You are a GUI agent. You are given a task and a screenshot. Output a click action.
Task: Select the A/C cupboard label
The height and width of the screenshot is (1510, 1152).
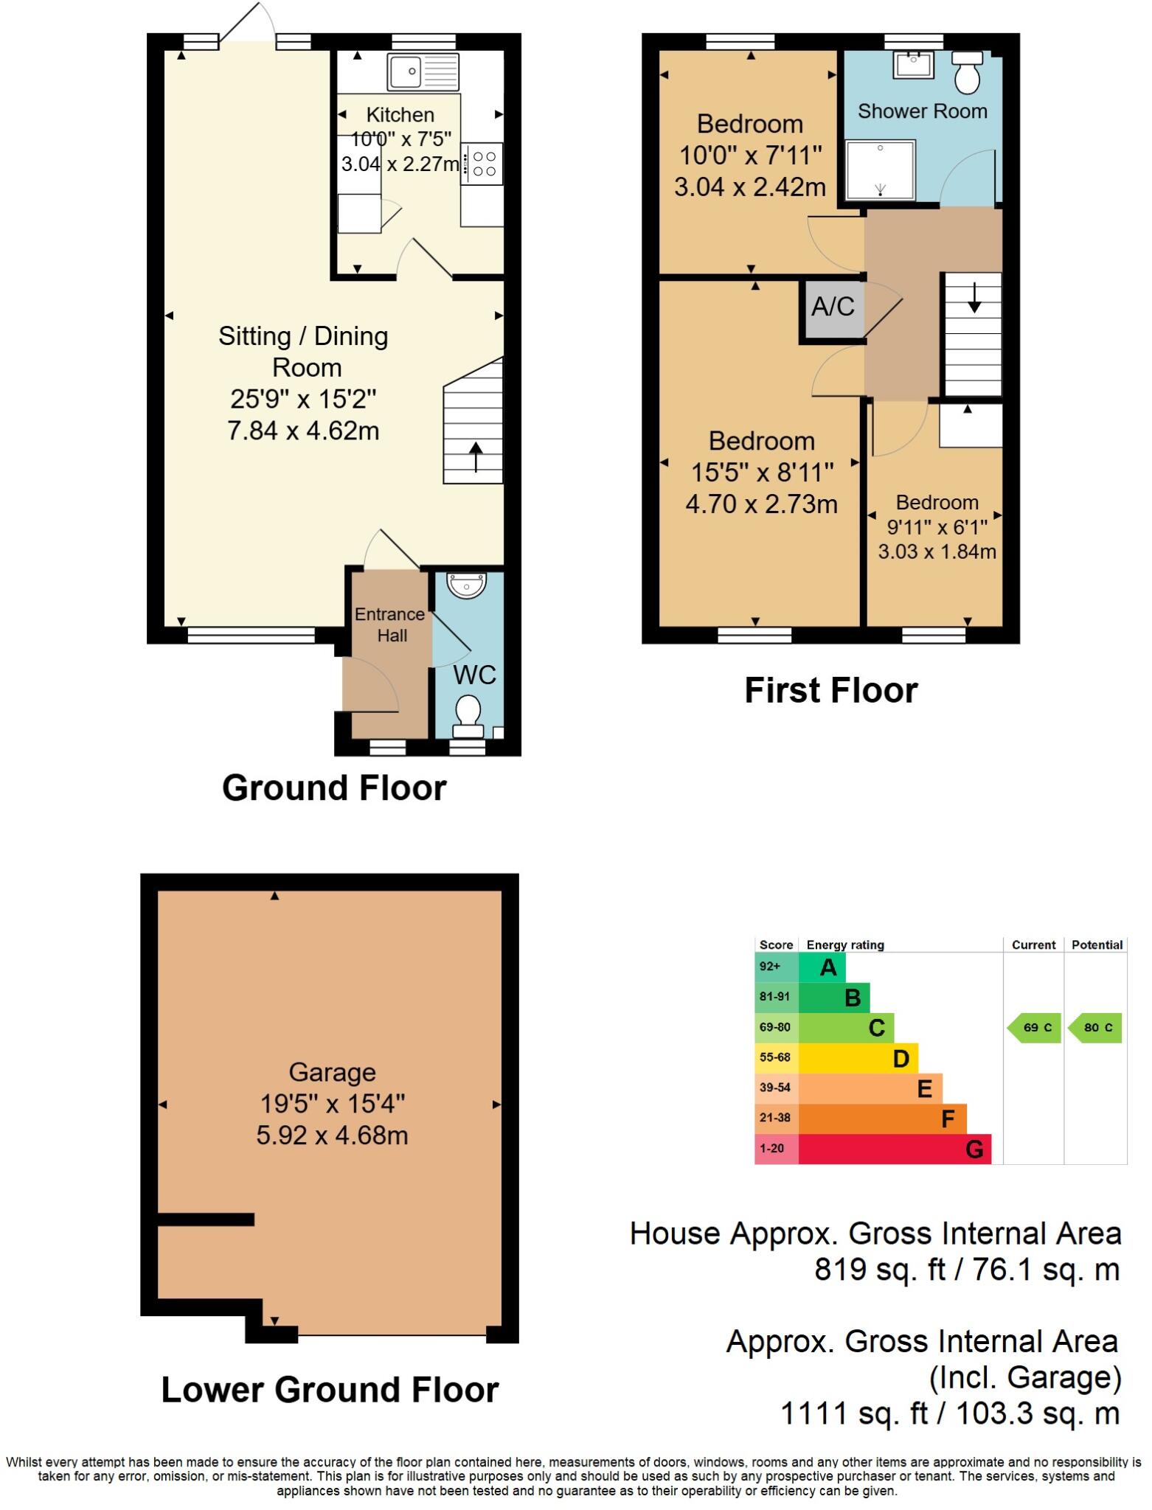(x=833, y=306)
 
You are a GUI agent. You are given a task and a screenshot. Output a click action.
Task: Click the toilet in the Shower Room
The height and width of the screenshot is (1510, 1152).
(x=967, y=72)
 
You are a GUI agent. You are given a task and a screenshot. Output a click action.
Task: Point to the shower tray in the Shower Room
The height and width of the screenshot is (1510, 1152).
(x=880, y=170)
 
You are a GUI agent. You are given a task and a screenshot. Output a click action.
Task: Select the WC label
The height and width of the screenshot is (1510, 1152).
(x=474, y=675)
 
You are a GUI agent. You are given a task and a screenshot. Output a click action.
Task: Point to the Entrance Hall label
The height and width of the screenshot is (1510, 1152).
(x=390, y=624)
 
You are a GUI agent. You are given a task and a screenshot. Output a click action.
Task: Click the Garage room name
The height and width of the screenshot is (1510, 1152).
(x=332, y=1072)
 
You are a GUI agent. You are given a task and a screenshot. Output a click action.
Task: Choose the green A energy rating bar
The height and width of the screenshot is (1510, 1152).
(x=822, y=967)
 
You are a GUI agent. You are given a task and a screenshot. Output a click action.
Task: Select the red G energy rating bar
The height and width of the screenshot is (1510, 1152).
(x=894, y=1149)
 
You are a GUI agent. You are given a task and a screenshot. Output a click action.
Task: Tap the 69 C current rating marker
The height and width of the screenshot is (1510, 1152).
(x=1035, y=1028)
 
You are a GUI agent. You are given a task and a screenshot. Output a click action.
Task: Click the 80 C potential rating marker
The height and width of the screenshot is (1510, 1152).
(x=1096, y=1028)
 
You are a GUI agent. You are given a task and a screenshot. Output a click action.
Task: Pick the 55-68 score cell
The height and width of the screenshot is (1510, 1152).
(x=775, y=1057)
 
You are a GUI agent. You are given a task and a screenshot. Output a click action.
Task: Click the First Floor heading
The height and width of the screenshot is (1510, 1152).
(x=830, y=691)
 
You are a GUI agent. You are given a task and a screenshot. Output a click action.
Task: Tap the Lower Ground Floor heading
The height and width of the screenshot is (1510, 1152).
(x=330, y=1390)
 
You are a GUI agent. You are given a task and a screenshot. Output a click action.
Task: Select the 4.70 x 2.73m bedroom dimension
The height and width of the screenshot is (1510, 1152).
(x=761, y=504)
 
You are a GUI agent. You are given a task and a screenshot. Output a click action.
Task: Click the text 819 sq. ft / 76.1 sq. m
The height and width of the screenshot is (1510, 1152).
(x=966, y=1270)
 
